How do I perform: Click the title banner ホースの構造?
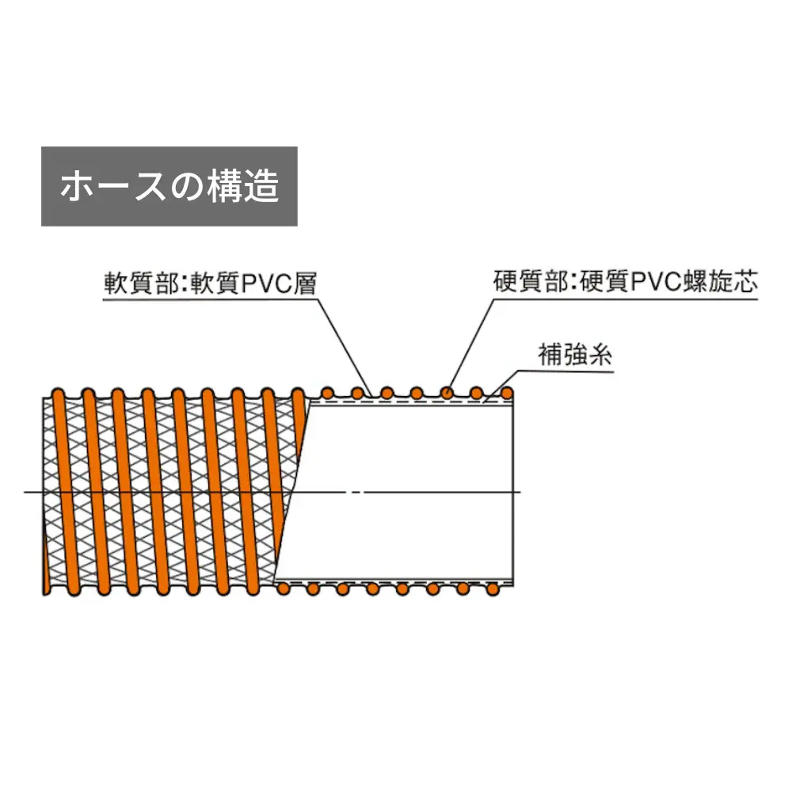pos(169,186)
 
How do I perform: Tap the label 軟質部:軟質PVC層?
pos(210,284)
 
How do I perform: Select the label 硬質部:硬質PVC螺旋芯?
pos(626,282)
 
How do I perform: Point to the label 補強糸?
pos(575,355)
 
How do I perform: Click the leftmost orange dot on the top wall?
pos(327,393)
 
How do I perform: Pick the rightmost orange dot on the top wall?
pos(507,393)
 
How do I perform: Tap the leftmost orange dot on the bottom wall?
pos(284,588)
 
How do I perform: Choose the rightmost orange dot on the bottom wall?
pos(493,589)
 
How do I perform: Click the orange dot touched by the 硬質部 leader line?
pos(447,393)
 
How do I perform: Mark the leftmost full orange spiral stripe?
pos(67,492)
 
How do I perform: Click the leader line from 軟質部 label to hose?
pos(345,348)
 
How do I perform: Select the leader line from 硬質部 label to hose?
pos(470,344)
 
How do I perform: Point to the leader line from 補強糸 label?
pos(501,386)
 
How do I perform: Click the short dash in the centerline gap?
pos(356,492)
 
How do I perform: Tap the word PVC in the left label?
pos(267,284)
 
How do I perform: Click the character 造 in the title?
pos(261,186)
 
